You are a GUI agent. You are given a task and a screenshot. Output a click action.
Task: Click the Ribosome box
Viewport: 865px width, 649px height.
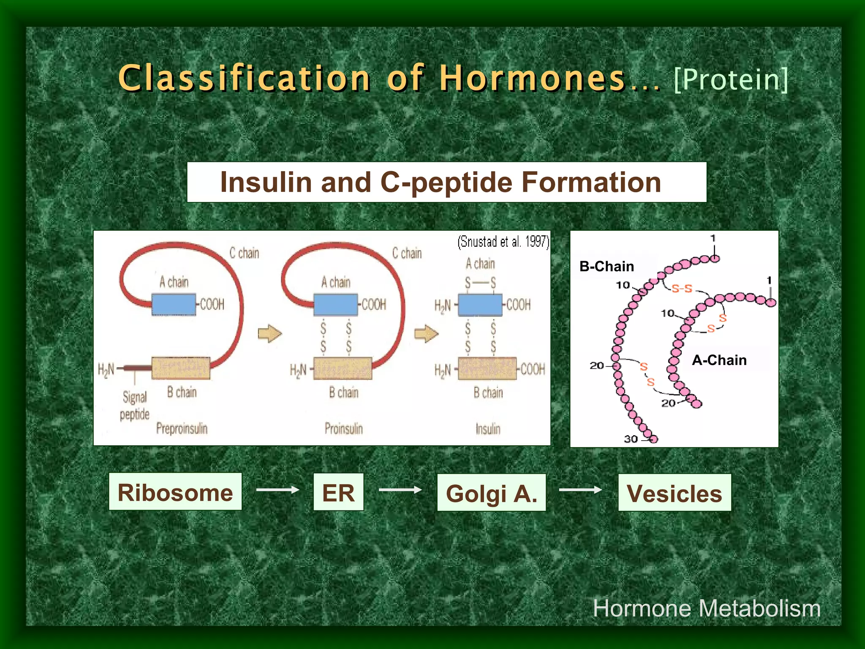[x=175, y=492]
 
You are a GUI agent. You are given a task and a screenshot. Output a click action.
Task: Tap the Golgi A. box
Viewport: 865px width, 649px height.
[x=491, y=493]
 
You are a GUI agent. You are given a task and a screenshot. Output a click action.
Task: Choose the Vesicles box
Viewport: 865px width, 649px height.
[x=675, y=493]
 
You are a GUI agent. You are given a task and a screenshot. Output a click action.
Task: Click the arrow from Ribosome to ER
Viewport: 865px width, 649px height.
[x=277, y=490]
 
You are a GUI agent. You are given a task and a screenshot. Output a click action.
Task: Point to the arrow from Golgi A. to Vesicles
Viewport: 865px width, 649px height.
[x=580, y=490]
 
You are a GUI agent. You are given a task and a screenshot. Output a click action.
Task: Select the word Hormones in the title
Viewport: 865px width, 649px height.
[x=532, y=78]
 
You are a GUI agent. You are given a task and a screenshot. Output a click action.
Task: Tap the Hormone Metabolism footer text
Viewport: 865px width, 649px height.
[x=707, y=608]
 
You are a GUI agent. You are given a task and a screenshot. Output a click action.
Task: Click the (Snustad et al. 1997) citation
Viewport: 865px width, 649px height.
[x=503, y=242]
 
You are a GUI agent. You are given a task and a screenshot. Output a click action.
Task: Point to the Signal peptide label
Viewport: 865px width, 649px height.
[x=134, y=406]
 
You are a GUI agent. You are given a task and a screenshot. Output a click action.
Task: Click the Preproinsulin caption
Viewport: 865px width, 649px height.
[x=182, y=428]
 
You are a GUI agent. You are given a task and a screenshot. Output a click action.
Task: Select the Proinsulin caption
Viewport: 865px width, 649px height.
[x=343, y=428]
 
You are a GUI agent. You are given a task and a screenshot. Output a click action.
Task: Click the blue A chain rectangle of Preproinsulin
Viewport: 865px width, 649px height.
[x=174, y=304]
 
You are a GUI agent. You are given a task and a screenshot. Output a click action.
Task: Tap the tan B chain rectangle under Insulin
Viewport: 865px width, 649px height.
[x=487, y=368]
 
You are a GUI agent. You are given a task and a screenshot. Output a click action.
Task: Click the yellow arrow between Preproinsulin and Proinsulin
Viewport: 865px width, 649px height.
[x=269, y=334]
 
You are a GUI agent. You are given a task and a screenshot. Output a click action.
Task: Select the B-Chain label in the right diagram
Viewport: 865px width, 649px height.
[x=607, y=267]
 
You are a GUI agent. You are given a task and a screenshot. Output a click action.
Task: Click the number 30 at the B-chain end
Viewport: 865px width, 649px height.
[x=631, y=439]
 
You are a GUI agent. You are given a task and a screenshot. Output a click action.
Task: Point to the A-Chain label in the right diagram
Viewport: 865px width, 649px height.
[x=719, y=360]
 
